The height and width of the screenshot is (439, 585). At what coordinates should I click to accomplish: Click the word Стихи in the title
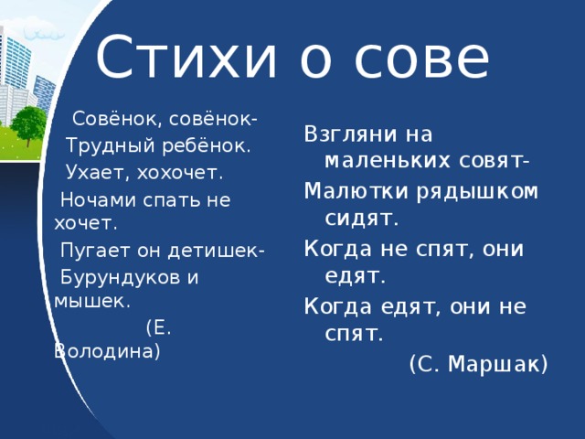[186, 57]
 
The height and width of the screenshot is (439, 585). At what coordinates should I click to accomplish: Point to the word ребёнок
[206, 145]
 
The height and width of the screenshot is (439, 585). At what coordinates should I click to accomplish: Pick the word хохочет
[180, 173]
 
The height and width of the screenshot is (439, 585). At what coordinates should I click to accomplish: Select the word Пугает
[95, 251]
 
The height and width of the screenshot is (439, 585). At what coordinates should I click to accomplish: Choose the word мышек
[91, 302]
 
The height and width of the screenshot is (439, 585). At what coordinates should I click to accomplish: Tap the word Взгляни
[350, 134]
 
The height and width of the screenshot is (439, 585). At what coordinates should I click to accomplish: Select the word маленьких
[388, 161]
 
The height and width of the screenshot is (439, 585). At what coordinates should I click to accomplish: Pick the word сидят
[361, 219]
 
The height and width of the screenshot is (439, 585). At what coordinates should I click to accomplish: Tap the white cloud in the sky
[44, 34]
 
